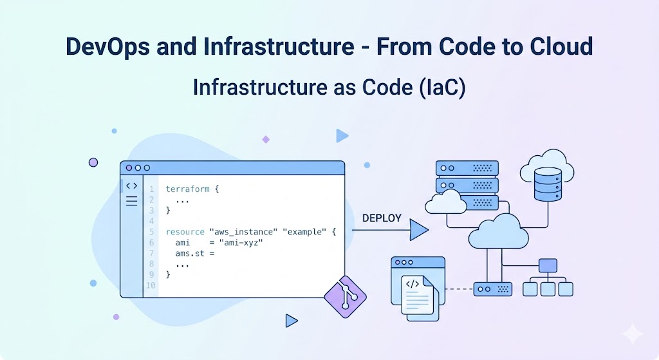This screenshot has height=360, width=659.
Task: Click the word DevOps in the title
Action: (x=107, y=46)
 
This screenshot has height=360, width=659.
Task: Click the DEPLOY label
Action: (x=382, y=218)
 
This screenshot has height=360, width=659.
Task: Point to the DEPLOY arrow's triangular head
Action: (x=419, y=230)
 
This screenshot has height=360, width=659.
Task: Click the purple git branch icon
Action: (x=346, y=297)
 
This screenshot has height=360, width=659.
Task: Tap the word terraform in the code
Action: (x=187, y=189)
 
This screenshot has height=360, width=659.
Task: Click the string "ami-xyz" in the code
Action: (x=241, y=243)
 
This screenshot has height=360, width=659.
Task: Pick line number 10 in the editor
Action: (x=151, y=285)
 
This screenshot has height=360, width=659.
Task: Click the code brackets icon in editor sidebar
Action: (x=131, y=186)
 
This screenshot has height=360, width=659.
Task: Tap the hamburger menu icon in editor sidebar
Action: (x=131, y=201)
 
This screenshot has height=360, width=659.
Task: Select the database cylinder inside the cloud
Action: (x=548, y=184)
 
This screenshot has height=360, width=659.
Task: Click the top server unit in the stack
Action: (x=467, y=168)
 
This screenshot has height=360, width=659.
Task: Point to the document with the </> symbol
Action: (x=417, y=295)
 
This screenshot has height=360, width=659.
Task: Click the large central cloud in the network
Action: (x=499, y=232)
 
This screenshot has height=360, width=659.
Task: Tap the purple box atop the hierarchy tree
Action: (x=548, y=266)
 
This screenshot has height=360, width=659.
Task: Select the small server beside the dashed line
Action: (x=492, y=289)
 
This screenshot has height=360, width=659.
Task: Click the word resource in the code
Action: (x=185, y=232)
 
